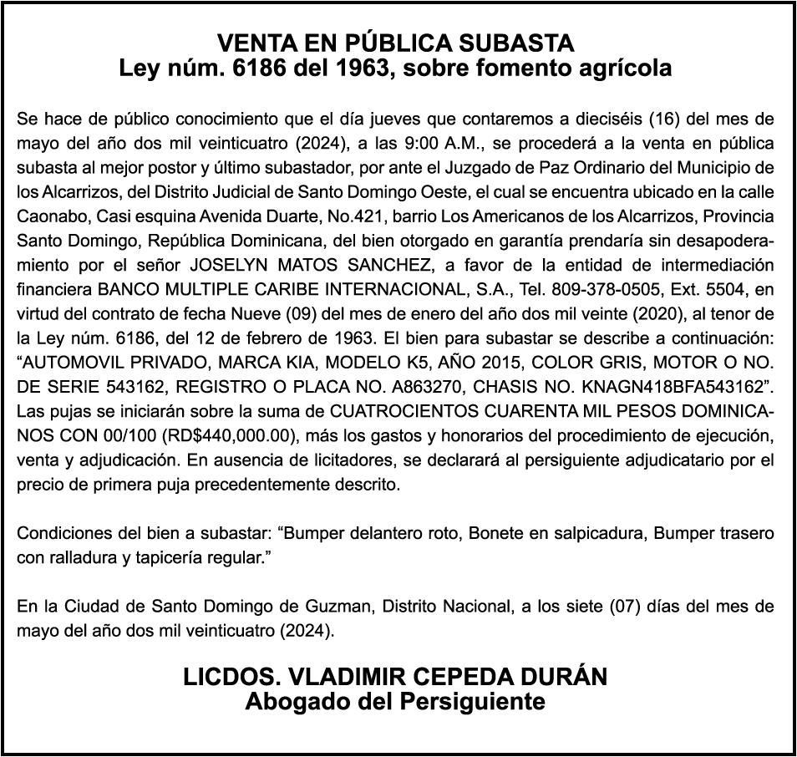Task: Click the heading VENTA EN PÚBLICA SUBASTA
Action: [x=396, y=43]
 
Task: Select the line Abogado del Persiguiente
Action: [x=395, y=701]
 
